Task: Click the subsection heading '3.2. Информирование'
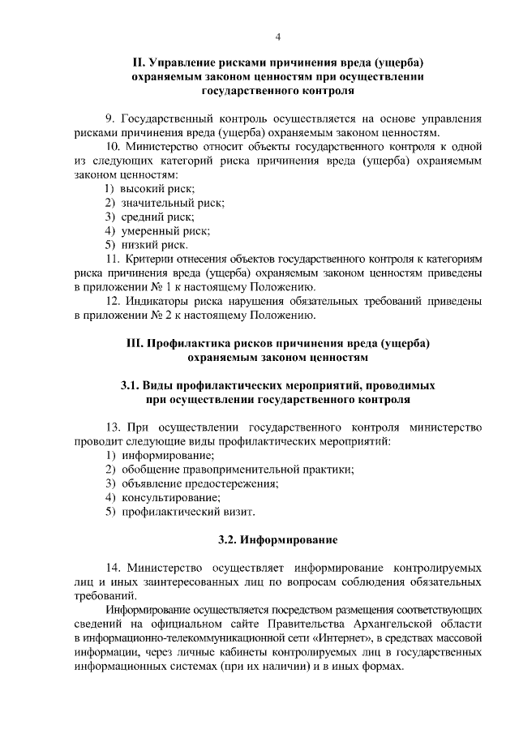278,539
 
